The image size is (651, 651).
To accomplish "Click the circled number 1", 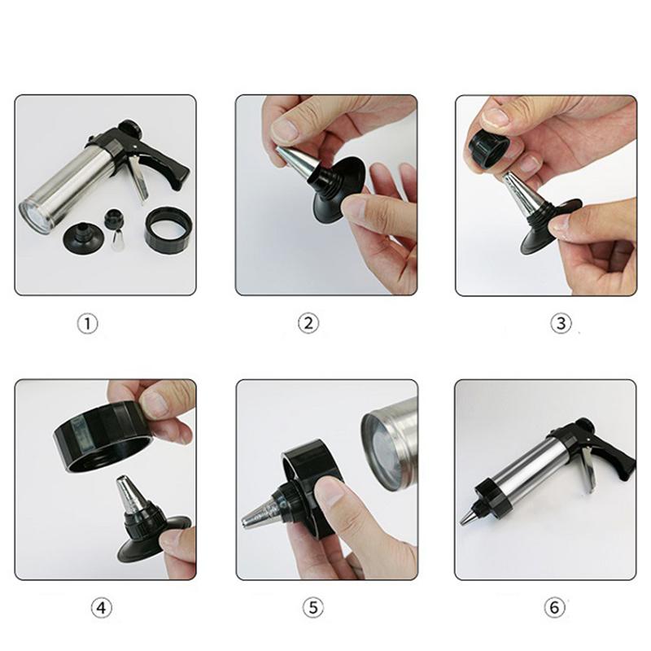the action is (x=88, y=323).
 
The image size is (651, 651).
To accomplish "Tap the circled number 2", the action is (x=308, y=323).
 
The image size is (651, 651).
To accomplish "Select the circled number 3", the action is (x=561, y=323).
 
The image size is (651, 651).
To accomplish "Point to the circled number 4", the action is (x=101, y=608).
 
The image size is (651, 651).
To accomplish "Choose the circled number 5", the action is (x=313, y=608).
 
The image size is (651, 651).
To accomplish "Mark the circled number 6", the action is (x=554, y=608).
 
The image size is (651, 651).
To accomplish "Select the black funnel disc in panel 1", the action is (x=85, y=238).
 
